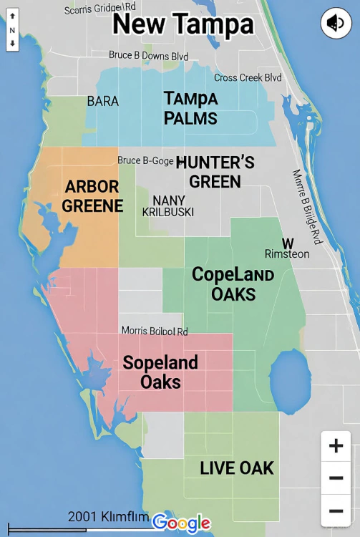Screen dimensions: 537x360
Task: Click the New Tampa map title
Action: pos(183,24)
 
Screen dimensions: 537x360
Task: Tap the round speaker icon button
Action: pos(336,24)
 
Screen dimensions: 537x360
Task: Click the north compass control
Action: pos(12,31)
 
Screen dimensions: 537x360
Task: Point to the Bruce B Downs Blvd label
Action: pos(148,55)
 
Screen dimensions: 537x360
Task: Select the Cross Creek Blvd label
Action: pos(248,77)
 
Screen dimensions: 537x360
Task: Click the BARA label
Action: pos(102,102)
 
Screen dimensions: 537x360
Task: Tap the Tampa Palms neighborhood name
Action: pos(190,108)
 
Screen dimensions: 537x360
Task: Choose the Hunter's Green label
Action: pos(215,172)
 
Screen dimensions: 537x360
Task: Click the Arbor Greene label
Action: pos(92,196)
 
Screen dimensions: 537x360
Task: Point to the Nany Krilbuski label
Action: pos(170,206)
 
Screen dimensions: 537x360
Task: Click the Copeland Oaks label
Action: pos(233,284)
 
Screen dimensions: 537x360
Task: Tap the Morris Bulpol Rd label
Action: pos(154,331)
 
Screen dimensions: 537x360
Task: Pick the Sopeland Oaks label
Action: pos(160,372)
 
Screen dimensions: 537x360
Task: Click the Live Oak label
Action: pos(237,468)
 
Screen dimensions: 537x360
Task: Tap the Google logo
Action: pos(182,523)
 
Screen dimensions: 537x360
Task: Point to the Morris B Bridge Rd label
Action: pos(308,207)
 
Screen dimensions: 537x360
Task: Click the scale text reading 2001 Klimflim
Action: pos(108,517)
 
